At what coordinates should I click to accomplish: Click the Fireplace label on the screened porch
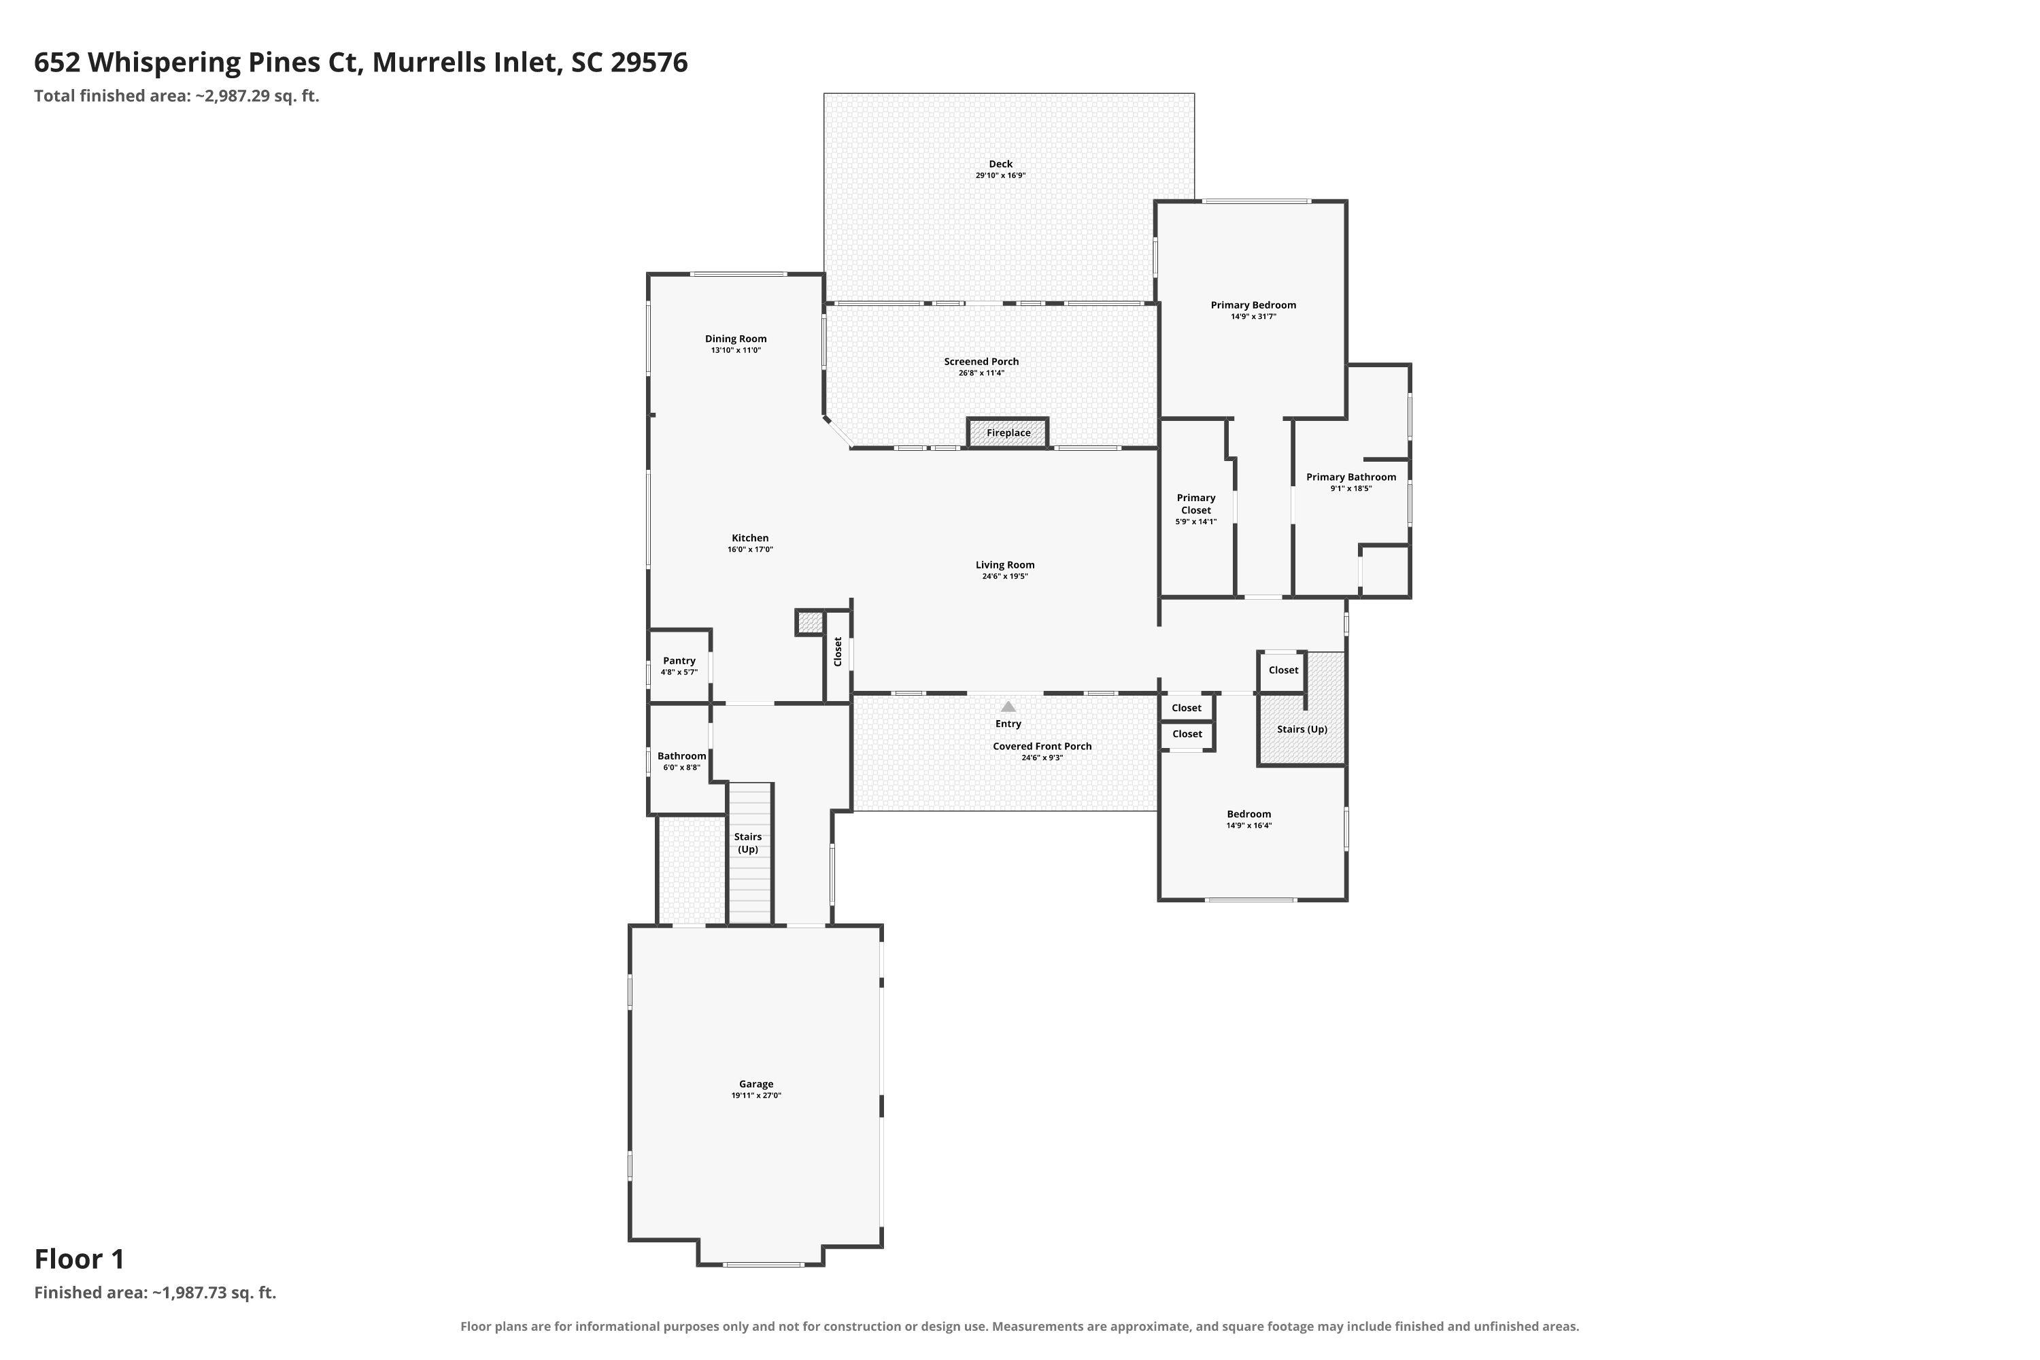click(1008, 432)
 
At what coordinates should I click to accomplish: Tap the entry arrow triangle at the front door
click(1008, 706)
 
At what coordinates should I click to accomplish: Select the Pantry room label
click(679, 661)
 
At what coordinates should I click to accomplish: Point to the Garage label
click(756, 1084)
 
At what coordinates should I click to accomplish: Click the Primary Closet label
click(1196, 504)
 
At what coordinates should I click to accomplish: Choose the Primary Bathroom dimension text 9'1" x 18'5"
click(1351, 488)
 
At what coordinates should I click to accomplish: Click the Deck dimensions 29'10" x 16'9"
click(1001, 175)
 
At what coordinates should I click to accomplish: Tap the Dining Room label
click(736, 339)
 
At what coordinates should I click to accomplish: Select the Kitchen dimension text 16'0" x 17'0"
click(750, 549)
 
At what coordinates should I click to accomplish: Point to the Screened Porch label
click(982, 362)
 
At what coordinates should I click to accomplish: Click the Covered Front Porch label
click(1042, 746)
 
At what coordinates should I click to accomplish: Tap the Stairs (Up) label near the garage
click(747, 843)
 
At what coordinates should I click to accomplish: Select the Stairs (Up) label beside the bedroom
click(1302, 730)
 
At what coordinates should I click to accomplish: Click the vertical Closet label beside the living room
click(838, 651)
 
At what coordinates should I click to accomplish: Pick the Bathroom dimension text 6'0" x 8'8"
click(682, 768)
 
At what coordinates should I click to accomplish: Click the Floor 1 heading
click(80, 1259)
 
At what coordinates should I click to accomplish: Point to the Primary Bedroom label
click(1253, 305)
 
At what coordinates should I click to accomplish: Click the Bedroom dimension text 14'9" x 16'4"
click(1249, 826)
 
